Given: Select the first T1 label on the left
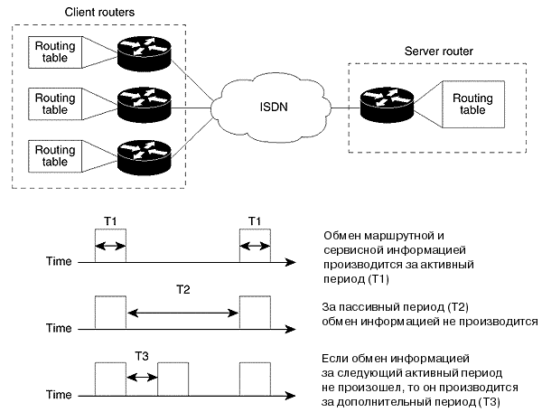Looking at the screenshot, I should coord(109,222).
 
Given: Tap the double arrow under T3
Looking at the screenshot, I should coord(142,373).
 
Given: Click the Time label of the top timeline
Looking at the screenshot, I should coord(59,262).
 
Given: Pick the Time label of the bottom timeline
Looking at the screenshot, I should coord(59,395).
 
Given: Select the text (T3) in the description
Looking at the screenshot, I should coord(484,402).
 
